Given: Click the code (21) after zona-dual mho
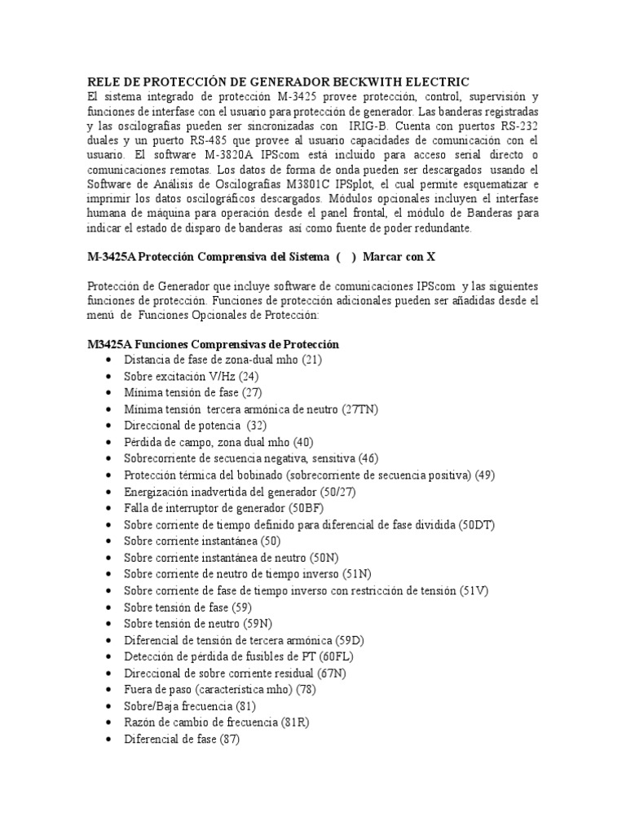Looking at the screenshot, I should coord(313,360).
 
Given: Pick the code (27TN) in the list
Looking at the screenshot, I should coord(359,409).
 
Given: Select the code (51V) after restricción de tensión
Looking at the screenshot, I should coord(475,590).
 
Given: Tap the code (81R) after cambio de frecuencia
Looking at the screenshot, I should coord(294,722).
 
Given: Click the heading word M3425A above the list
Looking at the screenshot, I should coord(111,344).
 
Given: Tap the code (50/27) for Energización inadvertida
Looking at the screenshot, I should coord(337,491).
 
